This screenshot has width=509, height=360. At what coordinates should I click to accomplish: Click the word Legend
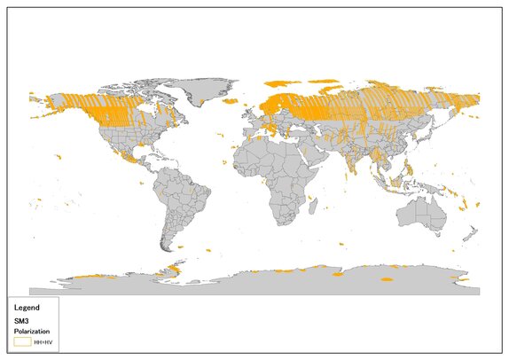[27, 308]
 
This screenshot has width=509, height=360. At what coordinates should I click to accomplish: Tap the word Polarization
[31, 331]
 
